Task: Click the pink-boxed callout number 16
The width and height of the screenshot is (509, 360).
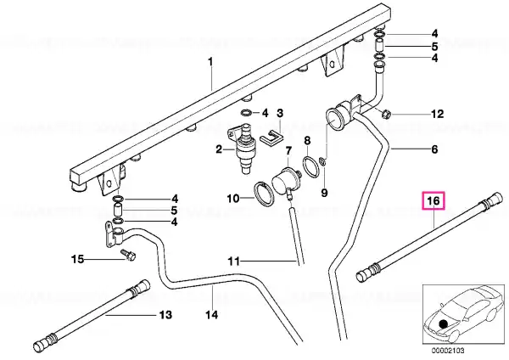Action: click(x=433, y=200)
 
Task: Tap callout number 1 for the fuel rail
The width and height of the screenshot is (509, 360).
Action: click(x=210, y=61)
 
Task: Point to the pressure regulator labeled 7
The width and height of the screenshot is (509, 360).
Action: click(x=285, y=183)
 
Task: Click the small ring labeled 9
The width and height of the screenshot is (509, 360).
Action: click(x=322, y=160)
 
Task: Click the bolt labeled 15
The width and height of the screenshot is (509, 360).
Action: click(x=129, y=255)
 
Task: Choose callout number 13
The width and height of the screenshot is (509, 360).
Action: click(x=165, y=315)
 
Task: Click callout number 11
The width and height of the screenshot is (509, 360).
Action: click(x=234, y=261)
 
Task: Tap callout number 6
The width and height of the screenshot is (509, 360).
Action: click(x=434, y=149)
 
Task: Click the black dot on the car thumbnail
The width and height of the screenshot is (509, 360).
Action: click(x=443, y=324)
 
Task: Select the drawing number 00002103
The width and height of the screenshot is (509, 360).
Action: click(x=448, y=351)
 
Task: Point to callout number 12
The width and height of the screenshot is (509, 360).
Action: click(x=437, y=114)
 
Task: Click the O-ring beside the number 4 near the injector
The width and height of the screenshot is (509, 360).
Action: click(x=246, y=113)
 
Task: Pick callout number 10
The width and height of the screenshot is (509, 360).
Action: click(x=233, y=198)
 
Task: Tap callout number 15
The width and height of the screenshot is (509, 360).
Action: click(x=77, y=259)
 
